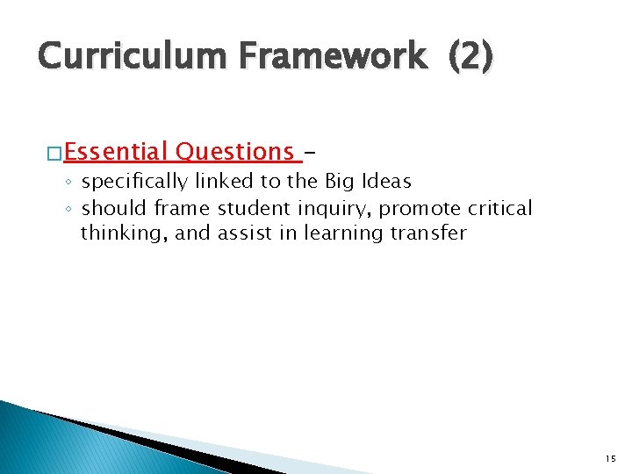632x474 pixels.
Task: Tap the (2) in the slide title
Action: click(x=471, y=57)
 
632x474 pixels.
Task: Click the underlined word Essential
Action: click(x=115, y=152)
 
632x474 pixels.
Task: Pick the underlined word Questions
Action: click(x=234, y=152)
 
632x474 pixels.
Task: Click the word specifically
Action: click(x=134, y=183)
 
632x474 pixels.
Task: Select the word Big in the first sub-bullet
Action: click(x=340, y=183)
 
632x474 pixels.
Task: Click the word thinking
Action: click(x=115, y=233)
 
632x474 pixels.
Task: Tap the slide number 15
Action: click(x=610, y=458)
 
